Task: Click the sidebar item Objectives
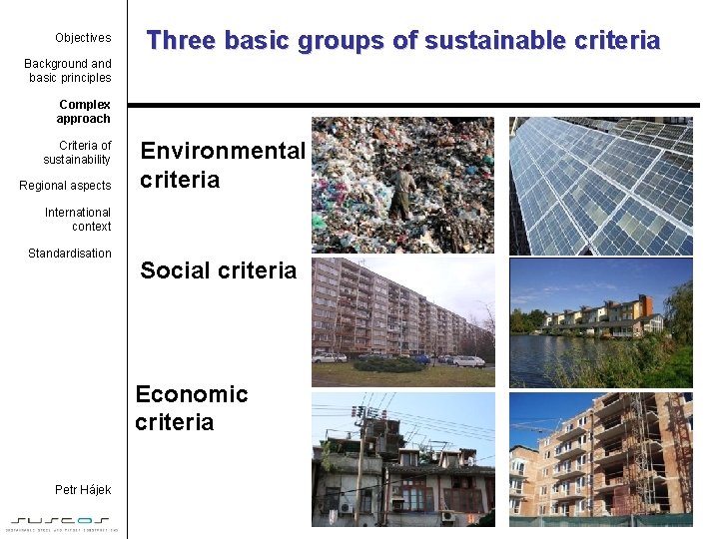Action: click(83, 38)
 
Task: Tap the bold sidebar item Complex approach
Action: click(84, 112)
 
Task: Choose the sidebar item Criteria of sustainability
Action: click(78, 153)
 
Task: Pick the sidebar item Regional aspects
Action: click(66, 186)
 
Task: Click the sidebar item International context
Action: click(78, 220)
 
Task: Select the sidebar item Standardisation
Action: click(70, 254)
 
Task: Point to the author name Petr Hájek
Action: click(83, 489)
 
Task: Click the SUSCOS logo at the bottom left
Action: click(64, 522)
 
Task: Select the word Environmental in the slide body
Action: click(222, 151)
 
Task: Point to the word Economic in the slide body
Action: click(192, 394)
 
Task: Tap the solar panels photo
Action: click(600, 185)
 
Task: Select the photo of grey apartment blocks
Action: click(402, 321)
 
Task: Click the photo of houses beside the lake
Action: click(600, 321)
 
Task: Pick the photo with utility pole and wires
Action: click(402, 459)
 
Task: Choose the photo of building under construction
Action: click(600, 459)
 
